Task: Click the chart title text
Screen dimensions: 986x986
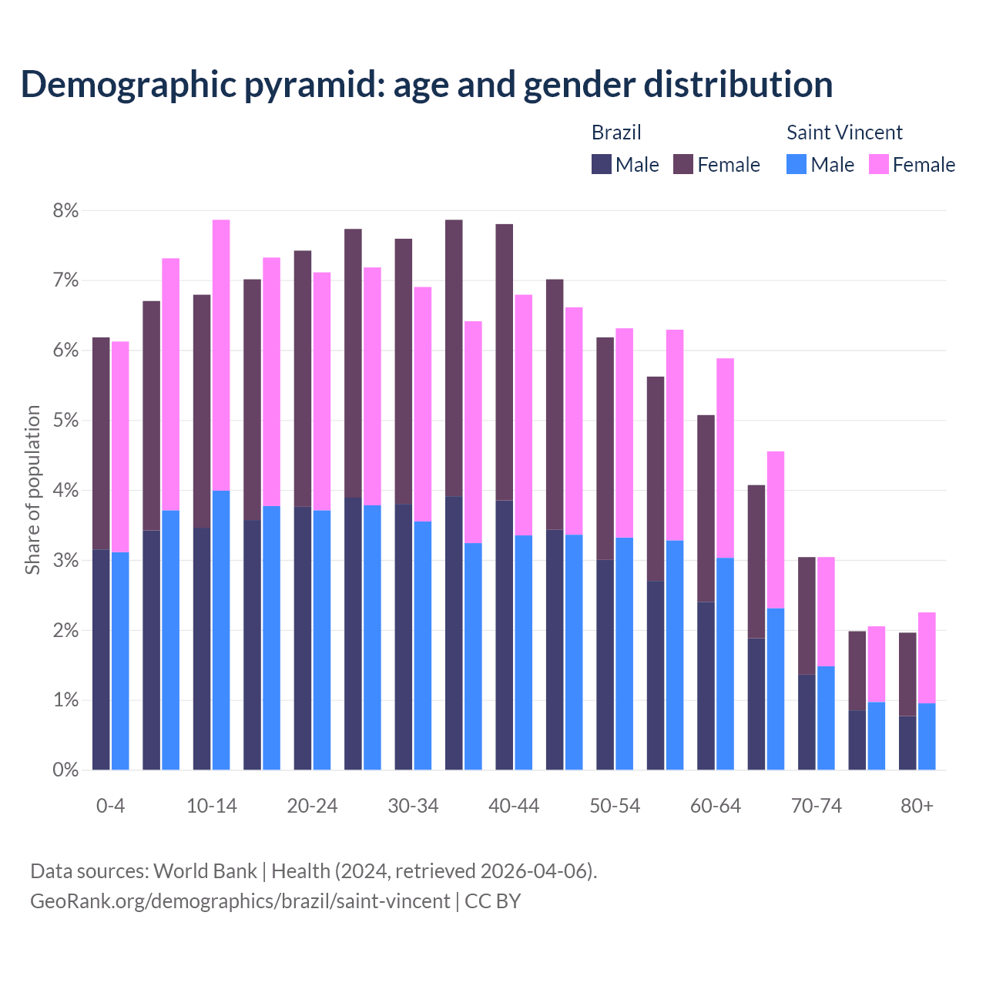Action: pos(427,84)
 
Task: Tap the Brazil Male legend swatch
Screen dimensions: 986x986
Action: pos(602,164)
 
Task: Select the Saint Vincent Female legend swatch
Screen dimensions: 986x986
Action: pos(878,164)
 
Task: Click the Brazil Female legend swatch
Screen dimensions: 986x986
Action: pos(683,164)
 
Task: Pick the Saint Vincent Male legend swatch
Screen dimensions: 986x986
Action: pos(797,164)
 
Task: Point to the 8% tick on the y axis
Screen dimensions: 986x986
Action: pos(65,210)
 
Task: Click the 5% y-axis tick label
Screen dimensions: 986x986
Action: pos(65,421)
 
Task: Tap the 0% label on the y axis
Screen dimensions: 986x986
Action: pos(65,770)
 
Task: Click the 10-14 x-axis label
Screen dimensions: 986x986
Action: pos(212,806)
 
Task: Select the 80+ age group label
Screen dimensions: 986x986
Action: pos(917,806)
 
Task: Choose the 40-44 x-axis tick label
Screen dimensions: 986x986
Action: pos(514,806)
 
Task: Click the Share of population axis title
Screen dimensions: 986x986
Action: pos(32,490)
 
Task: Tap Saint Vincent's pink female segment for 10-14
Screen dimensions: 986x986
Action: pos(221,354)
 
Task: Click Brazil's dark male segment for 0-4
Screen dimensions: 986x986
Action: pos(101,659)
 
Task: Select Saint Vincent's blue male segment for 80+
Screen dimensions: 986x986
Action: pos(927,736)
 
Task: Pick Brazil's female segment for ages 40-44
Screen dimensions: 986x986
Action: pos(505,362)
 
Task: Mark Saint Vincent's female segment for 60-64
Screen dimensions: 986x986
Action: pos(725,458)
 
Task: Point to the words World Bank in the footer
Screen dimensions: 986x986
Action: pos(205,871)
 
